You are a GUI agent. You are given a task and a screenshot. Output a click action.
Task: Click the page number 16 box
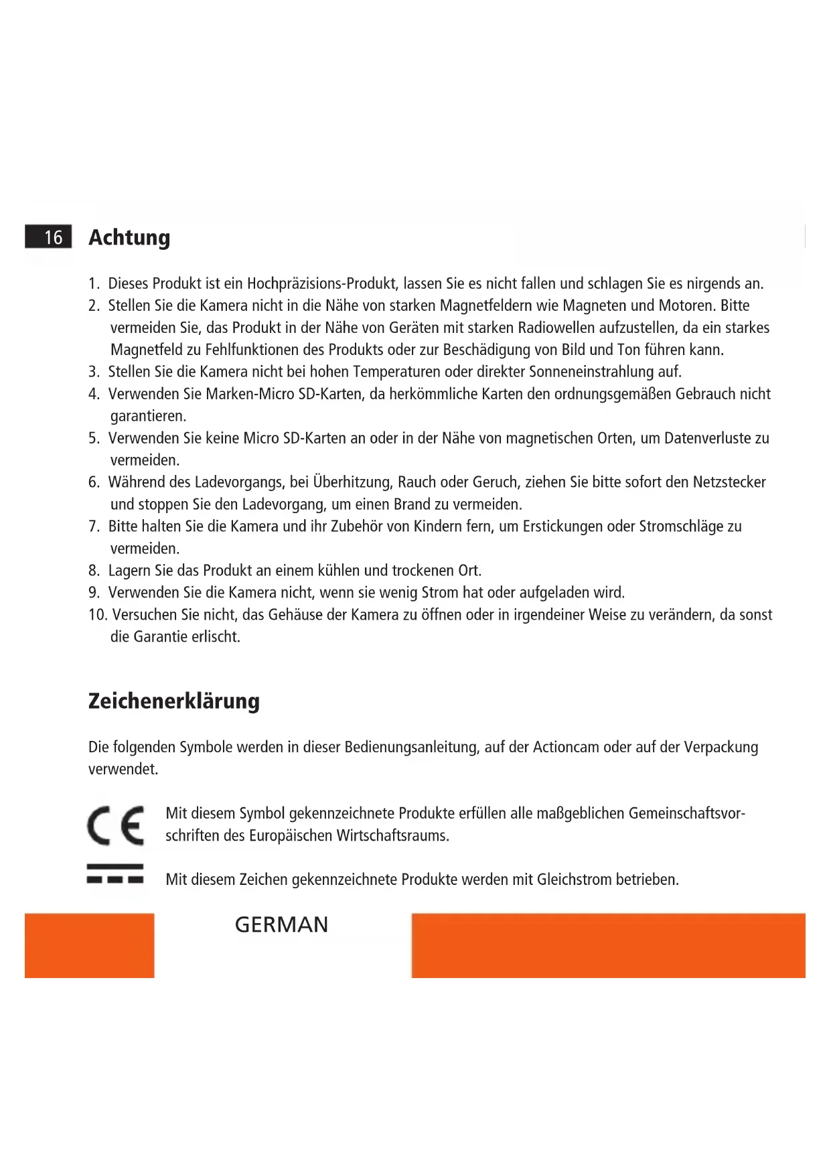[48, 237]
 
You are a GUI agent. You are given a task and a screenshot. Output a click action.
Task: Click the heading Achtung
[129, 238]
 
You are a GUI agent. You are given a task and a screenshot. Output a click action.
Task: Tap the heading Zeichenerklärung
[174, 701]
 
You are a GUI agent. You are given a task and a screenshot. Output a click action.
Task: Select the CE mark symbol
[115, 825]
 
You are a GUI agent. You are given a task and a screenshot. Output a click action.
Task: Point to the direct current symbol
[115, 874]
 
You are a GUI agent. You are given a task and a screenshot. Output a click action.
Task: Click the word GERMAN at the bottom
[281, 925]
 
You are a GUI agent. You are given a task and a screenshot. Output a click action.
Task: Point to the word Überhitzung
[352, 482]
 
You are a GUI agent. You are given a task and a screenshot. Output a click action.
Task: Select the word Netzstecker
[729, 482]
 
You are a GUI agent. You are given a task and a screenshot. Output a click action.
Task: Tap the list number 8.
[94, 571]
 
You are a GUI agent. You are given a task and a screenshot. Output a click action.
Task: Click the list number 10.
[97, 615]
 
